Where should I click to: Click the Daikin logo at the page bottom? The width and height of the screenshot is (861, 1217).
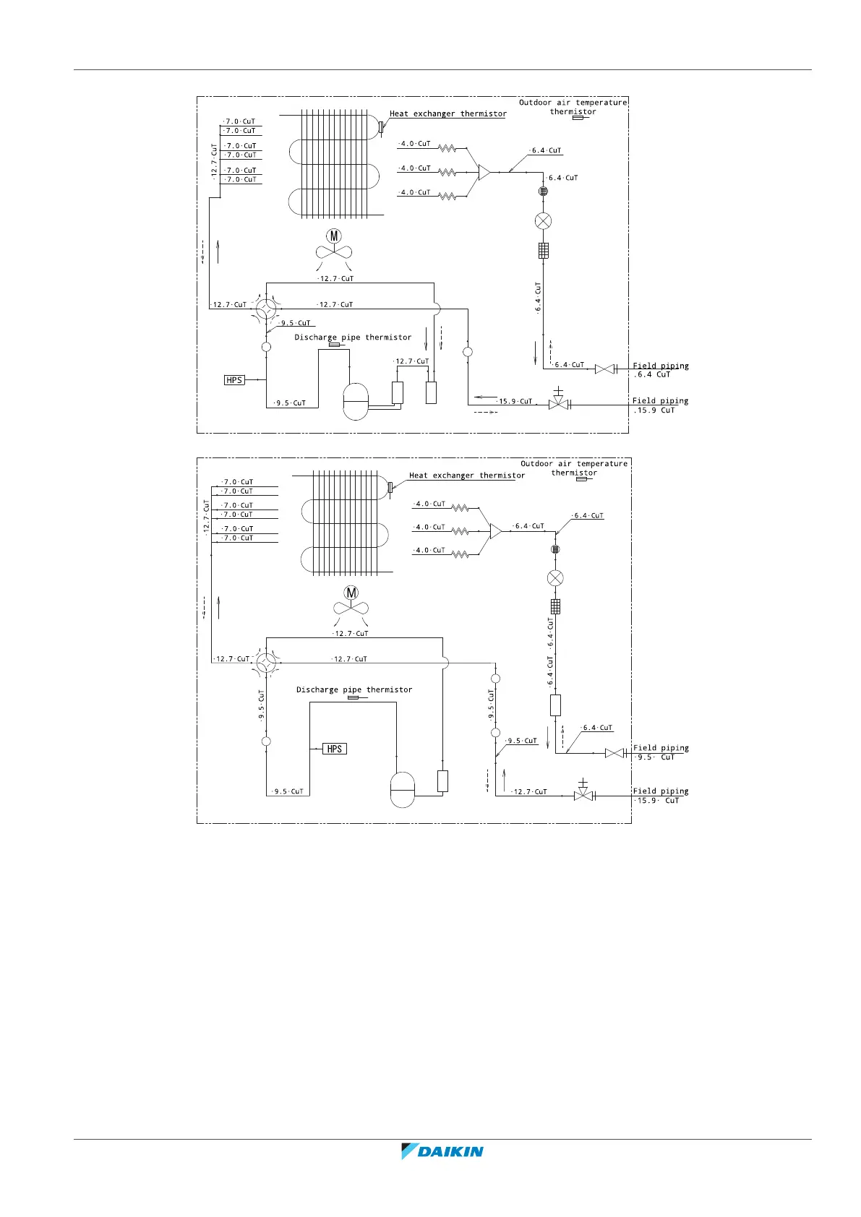442,1151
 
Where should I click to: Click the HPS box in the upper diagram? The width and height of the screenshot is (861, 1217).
234,380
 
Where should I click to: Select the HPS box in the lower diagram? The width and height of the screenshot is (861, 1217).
334,749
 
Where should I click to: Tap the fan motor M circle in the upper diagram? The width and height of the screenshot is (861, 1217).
333,236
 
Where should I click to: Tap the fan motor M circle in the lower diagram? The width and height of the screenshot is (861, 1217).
351,593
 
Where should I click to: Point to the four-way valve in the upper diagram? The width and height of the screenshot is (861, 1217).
266,309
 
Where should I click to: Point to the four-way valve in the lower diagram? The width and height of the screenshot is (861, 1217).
266,662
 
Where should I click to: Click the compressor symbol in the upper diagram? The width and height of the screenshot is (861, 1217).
355,401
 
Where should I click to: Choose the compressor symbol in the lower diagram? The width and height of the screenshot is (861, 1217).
403,789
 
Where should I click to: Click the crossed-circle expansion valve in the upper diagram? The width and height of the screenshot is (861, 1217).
543,221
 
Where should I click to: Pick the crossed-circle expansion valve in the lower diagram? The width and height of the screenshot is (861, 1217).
555,578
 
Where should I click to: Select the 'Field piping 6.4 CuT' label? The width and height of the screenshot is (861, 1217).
660,370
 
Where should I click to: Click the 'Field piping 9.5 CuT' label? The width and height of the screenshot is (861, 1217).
660,752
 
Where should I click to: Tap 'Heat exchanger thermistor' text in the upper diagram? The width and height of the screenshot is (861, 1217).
448,113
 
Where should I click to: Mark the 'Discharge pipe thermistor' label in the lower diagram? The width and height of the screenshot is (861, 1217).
354,689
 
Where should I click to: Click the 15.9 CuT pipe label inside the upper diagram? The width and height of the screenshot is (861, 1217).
515,401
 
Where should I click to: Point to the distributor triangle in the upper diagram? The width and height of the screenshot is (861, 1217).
484,172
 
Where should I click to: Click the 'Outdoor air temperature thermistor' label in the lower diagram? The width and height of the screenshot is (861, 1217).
574,468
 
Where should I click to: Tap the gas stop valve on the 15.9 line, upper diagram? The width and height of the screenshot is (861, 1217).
558,403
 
